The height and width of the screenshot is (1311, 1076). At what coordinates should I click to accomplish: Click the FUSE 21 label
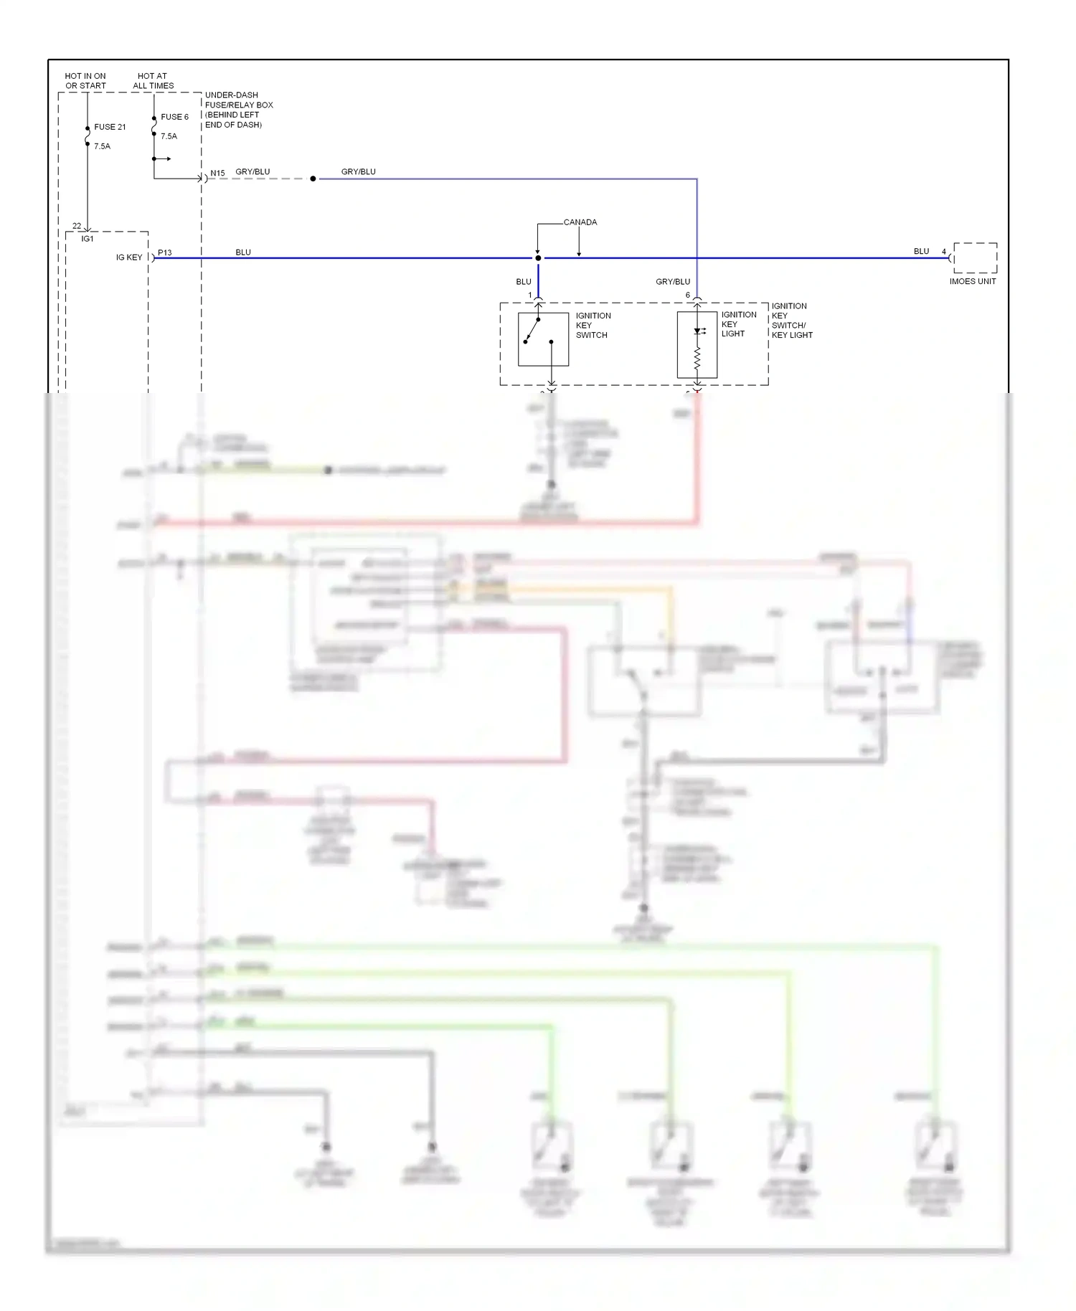(x=110, y=127)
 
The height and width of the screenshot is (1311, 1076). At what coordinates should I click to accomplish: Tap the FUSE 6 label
(x=174, y=117)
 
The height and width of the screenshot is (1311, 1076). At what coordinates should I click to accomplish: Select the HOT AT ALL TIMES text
(x=153, y=80)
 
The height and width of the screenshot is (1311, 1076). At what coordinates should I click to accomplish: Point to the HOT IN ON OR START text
(x=85, y=80)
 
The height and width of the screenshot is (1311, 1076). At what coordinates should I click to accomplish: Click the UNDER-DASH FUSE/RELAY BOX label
(x=238, y=110)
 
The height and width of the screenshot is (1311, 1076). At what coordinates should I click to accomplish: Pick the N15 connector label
(x=217, y=173)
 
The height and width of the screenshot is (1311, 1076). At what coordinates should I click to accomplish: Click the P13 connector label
(x=165, y=252)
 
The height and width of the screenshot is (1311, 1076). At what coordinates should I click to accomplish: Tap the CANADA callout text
(x=580, y=222)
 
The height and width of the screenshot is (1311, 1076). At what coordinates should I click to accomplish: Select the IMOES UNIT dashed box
(x=975, y=258)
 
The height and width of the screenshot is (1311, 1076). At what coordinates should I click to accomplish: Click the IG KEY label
(x=129, y=257)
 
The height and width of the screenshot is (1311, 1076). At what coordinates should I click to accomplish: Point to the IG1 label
(x=88, y=239)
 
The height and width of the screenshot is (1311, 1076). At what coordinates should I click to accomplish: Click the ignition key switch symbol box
(x=543, y=339)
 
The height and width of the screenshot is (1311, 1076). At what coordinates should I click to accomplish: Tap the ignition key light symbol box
(x=697, y=344)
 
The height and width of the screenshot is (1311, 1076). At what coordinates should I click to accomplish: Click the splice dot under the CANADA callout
(x=538, y=258)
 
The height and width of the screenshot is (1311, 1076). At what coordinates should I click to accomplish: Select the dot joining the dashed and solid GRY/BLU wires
(x=313, y=179)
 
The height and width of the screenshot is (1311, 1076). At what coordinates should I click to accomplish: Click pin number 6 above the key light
(x=687, y=295)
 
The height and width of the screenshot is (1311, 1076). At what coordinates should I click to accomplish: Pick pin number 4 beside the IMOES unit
(x=944, y=252)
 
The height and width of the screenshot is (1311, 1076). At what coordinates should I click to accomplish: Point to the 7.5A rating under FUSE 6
(x=169, y=136)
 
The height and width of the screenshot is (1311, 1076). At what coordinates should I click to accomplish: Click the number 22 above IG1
(x=77, y=226)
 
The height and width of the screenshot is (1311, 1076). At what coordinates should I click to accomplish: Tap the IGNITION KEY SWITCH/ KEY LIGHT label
(x=791, y=321)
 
